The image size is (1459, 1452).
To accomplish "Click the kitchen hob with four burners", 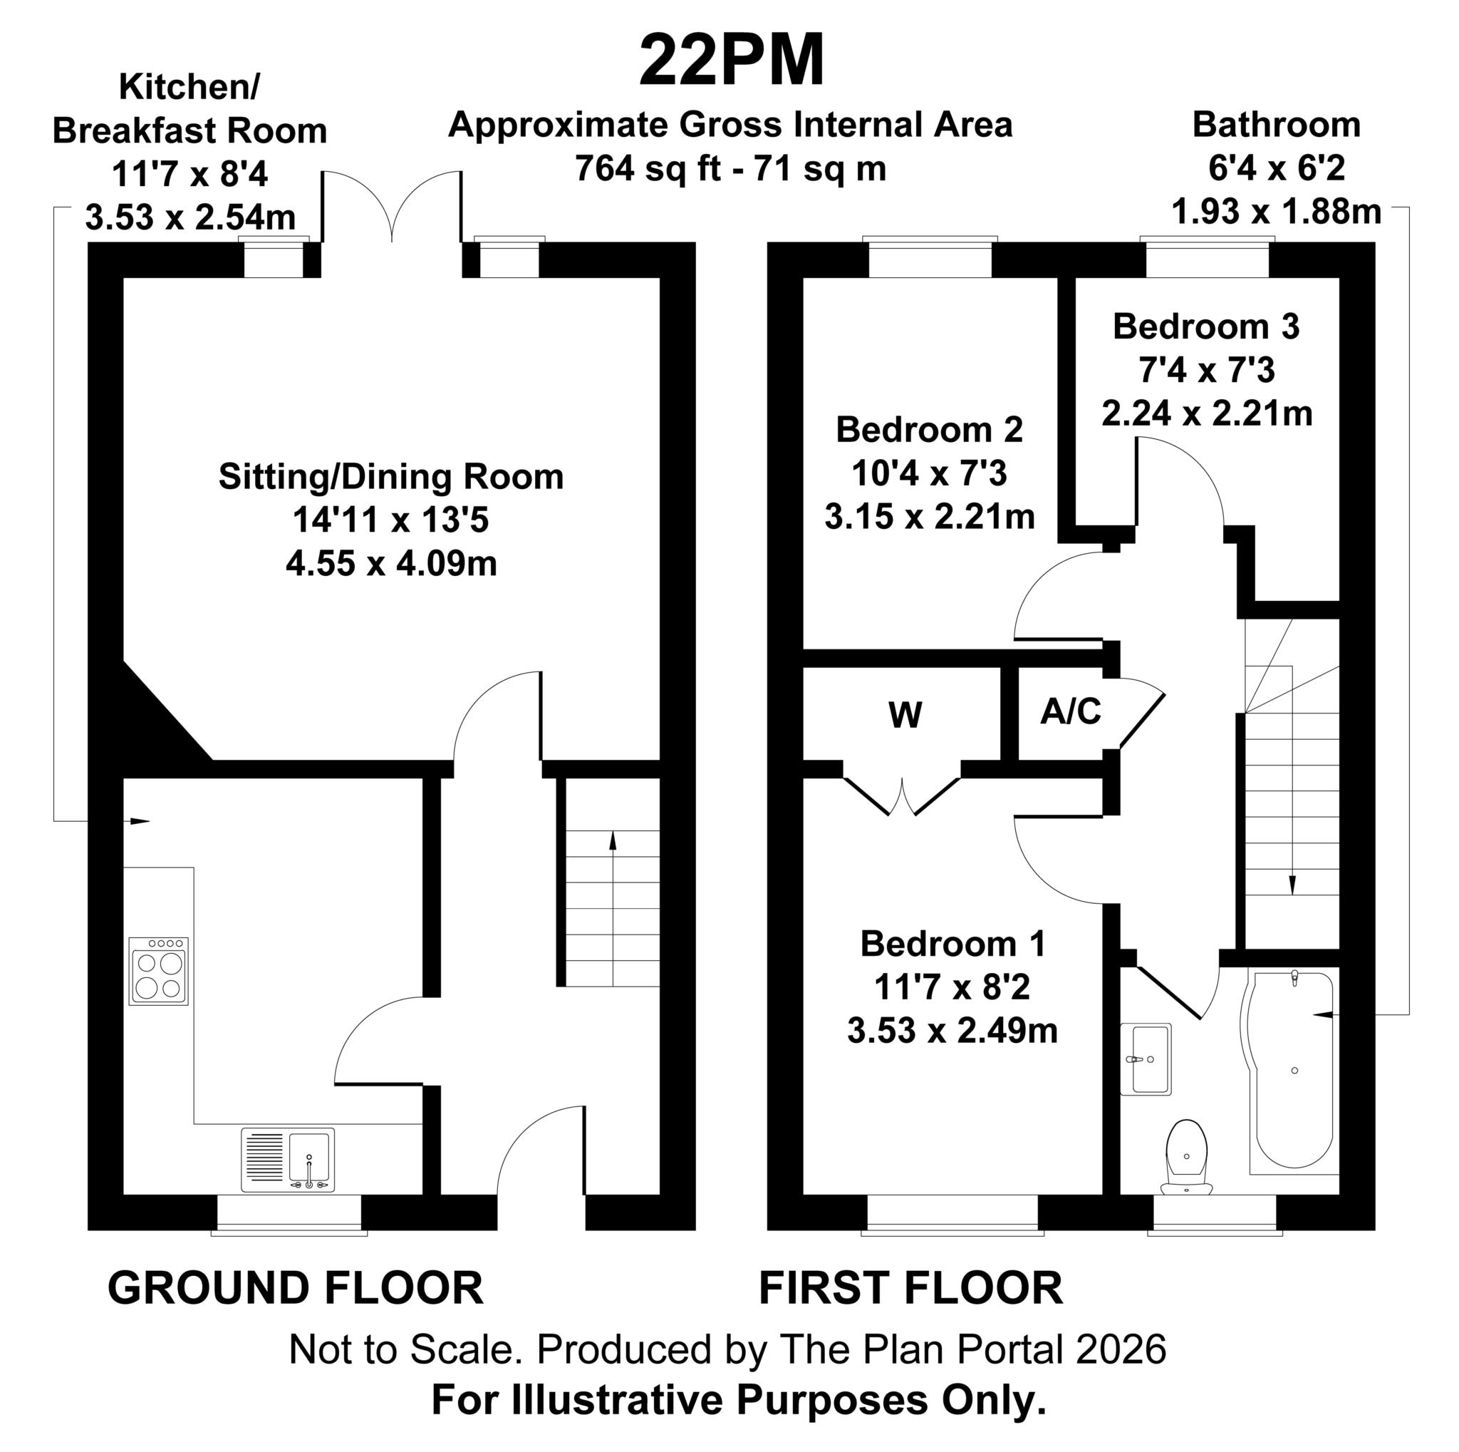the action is point(159,971).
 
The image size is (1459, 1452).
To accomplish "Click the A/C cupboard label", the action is point(1071,711).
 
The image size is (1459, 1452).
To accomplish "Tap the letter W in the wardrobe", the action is point(905,715).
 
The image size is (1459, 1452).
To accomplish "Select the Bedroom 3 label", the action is point(1206,326).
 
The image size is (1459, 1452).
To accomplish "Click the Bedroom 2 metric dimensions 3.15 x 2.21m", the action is point(930,517).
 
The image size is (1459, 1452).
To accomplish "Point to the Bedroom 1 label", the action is point(953,944).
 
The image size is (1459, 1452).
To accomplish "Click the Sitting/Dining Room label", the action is point(391,477).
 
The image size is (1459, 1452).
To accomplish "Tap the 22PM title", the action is point(732,61).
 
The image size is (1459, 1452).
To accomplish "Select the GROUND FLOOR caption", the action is point(295,1288).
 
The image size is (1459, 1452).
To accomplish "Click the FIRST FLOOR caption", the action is point(910,1288).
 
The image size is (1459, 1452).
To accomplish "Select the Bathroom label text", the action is point(1276,125).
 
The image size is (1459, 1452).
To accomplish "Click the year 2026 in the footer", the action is point(1121,1350).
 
